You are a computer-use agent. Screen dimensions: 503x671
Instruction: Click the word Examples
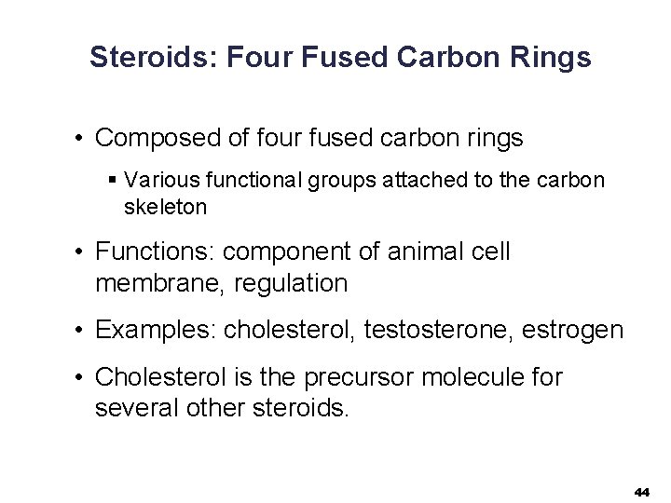tap(155, 330)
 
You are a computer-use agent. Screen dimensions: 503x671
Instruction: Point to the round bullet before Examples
tap(82, 331)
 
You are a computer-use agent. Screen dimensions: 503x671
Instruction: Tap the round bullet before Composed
tap(82, 140)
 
